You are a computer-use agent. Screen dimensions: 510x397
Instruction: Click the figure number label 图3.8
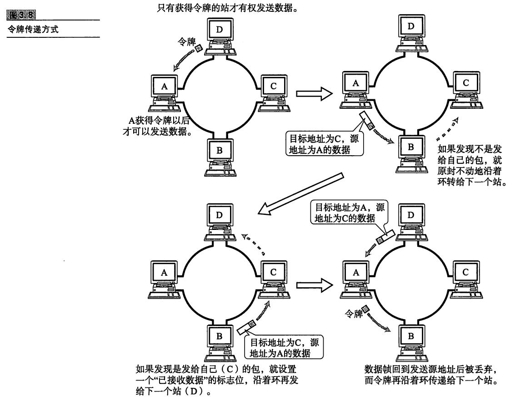[21, 15]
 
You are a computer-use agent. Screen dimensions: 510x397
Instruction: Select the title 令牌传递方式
[33, 30]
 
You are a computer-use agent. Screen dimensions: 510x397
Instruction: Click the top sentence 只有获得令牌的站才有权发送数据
[227, 7]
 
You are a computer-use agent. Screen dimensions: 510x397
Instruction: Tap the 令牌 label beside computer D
[186, 42]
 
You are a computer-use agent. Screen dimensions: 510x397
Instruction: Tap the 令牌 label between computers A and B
[354, 314]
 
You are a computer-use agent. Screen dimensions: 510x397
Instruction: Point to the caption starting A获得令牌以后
[156, 126]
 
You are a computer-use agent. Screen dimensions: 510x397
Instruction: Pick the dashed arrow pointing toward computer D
[253, 244]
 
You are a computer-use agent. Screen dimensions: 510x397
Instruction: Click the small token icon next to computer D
[198, 48]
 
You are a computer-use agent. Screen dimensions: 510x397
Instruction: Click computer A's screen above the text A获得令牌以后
[165, 86]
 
